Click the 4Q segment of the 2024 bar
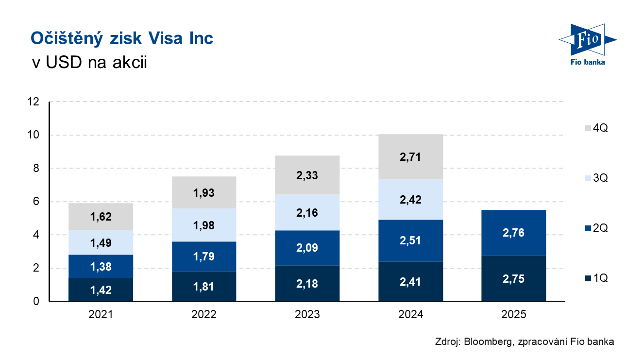(410, 157)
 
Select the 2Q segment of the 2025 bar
(513, 233)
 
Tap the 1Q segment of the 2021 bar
(101, 290)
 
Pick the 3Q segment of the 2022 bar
(203, 225)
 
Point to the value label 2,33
(307, 175)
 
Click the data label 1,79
(203, 257)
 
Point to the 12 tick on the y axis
(34, 102)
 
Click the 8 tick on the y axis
(36, 169)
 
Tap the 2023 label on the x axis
(307, 314)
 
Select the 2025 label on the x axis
(513, 314)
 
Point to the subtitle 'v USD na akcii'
(88, 62)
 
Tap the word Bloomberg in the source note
(486, 342)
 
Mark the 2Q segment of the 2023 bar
(307, 248)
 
